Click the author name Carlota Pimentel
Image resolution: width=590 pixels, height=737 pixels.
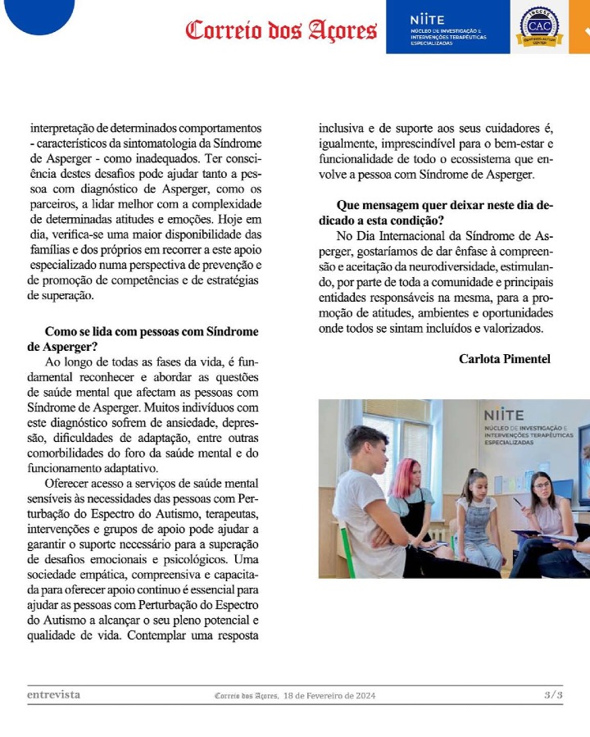click(505, 359)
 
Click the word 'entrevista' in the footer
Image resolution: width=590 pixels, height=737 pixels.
click(53, 695)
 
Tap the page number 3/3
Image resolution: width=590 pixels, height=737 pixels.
click(554, 695)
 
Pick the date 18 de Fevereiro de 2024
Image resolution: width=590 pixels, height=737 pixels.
click(329, 696)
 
